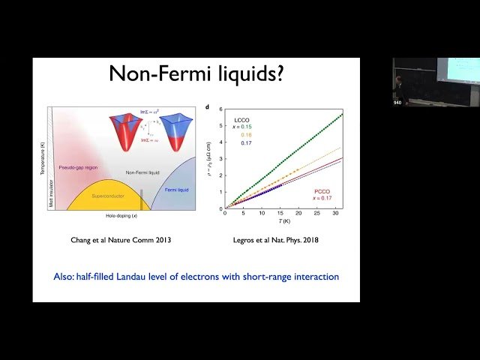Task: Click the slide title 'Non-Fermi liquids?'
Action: [x=196, y=76]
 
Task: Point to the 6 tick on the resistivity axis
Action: [x=221, y=109]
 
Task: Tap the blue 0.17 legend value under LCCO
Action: [x=246, y=143]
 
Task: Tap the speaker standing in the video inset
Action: [x=398, y=86]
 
